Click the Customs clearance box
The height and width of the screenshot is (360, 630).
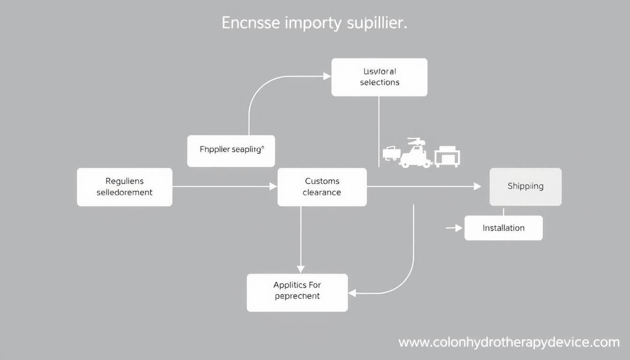pos(322,187)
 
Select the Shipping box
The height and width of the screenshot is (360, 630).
pos(525,187)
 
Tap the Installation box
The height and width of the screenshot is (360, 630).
pos(503,228)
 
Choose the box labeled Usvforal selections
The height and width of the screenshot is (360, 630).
pos(379,77)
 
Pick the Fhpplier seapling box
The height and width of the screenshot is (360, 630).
pos(231,151)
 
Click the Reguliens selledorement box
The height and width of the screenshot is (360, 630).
pos(124,187)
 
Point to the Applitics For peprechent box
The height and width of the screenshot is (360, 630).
pos(297,292)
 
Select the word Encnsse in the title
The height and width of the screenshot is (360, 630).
pos(251,23)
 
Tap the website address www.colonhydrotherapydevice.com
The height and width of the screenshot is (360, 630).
pos(509,343)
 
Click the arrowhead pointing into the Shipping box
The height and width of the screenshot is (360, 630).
pos(478,187)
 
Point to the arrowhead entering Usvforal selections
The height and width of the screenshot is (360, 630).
pos(327,76)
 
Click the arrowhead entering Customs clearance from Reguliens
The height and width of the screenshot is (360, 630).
pos(273,187)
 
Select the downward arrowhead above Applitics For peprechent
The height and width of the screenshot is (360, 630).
pos(301,269)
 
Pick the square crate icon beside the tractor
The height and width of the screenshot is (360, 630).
pos(447,157)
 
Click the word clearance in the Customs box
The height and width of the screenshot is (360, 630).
pos(322,193)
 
